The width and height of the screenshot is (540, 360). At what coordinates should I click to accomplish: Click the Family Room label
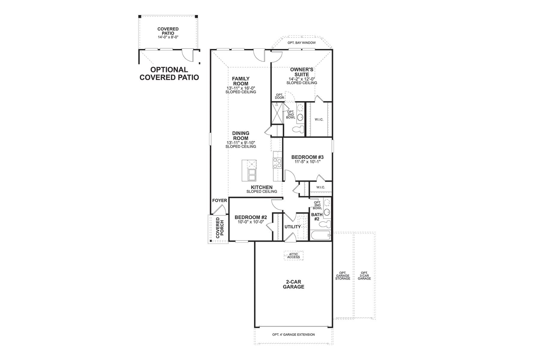241,81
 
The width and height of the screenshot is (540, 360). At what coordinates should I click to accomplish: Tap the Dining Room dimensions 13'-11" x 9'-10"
241,143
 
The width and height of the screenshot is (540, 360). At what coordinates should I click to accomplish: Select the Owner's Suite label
301,72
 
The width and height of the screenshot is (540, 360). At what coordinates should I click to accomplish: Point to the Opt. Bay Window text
301,43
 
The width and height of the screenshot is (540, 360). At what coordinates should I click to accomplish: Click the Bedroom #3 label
307,157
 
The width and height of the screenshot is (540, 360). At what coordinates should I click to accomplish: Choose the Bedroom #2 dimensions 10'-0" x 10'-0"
250,222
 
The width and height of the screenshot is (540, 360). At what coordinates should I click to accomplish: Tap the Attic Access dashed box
293,256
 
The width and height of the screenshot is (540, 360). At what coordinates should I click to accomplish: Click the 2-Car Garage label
293,284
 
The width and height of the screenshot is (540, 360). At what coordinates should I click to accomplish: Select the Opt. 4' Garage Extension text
293,334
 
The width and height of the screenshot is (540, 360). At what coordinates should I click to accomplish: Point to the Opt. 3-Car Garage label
364,276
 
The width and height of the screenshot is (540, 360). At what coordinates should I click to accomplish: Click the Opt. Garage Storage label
342,276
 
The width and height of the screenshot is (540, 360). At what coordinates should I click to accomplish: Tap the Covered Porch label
218,228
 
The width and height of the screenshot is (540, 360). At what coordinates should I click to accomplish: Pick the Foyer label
220,201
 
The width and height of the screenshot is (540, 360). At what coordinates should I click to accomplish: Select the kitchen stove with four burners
277,163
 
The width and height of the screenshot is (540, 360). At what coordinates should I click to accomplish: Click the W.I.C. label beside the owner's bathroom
319,119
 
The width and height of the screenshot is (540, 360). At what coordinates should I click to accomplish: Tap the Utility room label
292,227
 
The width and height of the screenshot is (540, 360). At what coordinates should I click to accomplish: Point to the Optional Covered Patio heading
169,73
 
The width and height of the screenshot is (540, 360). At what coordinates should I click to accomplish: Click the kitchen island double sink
251,175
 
